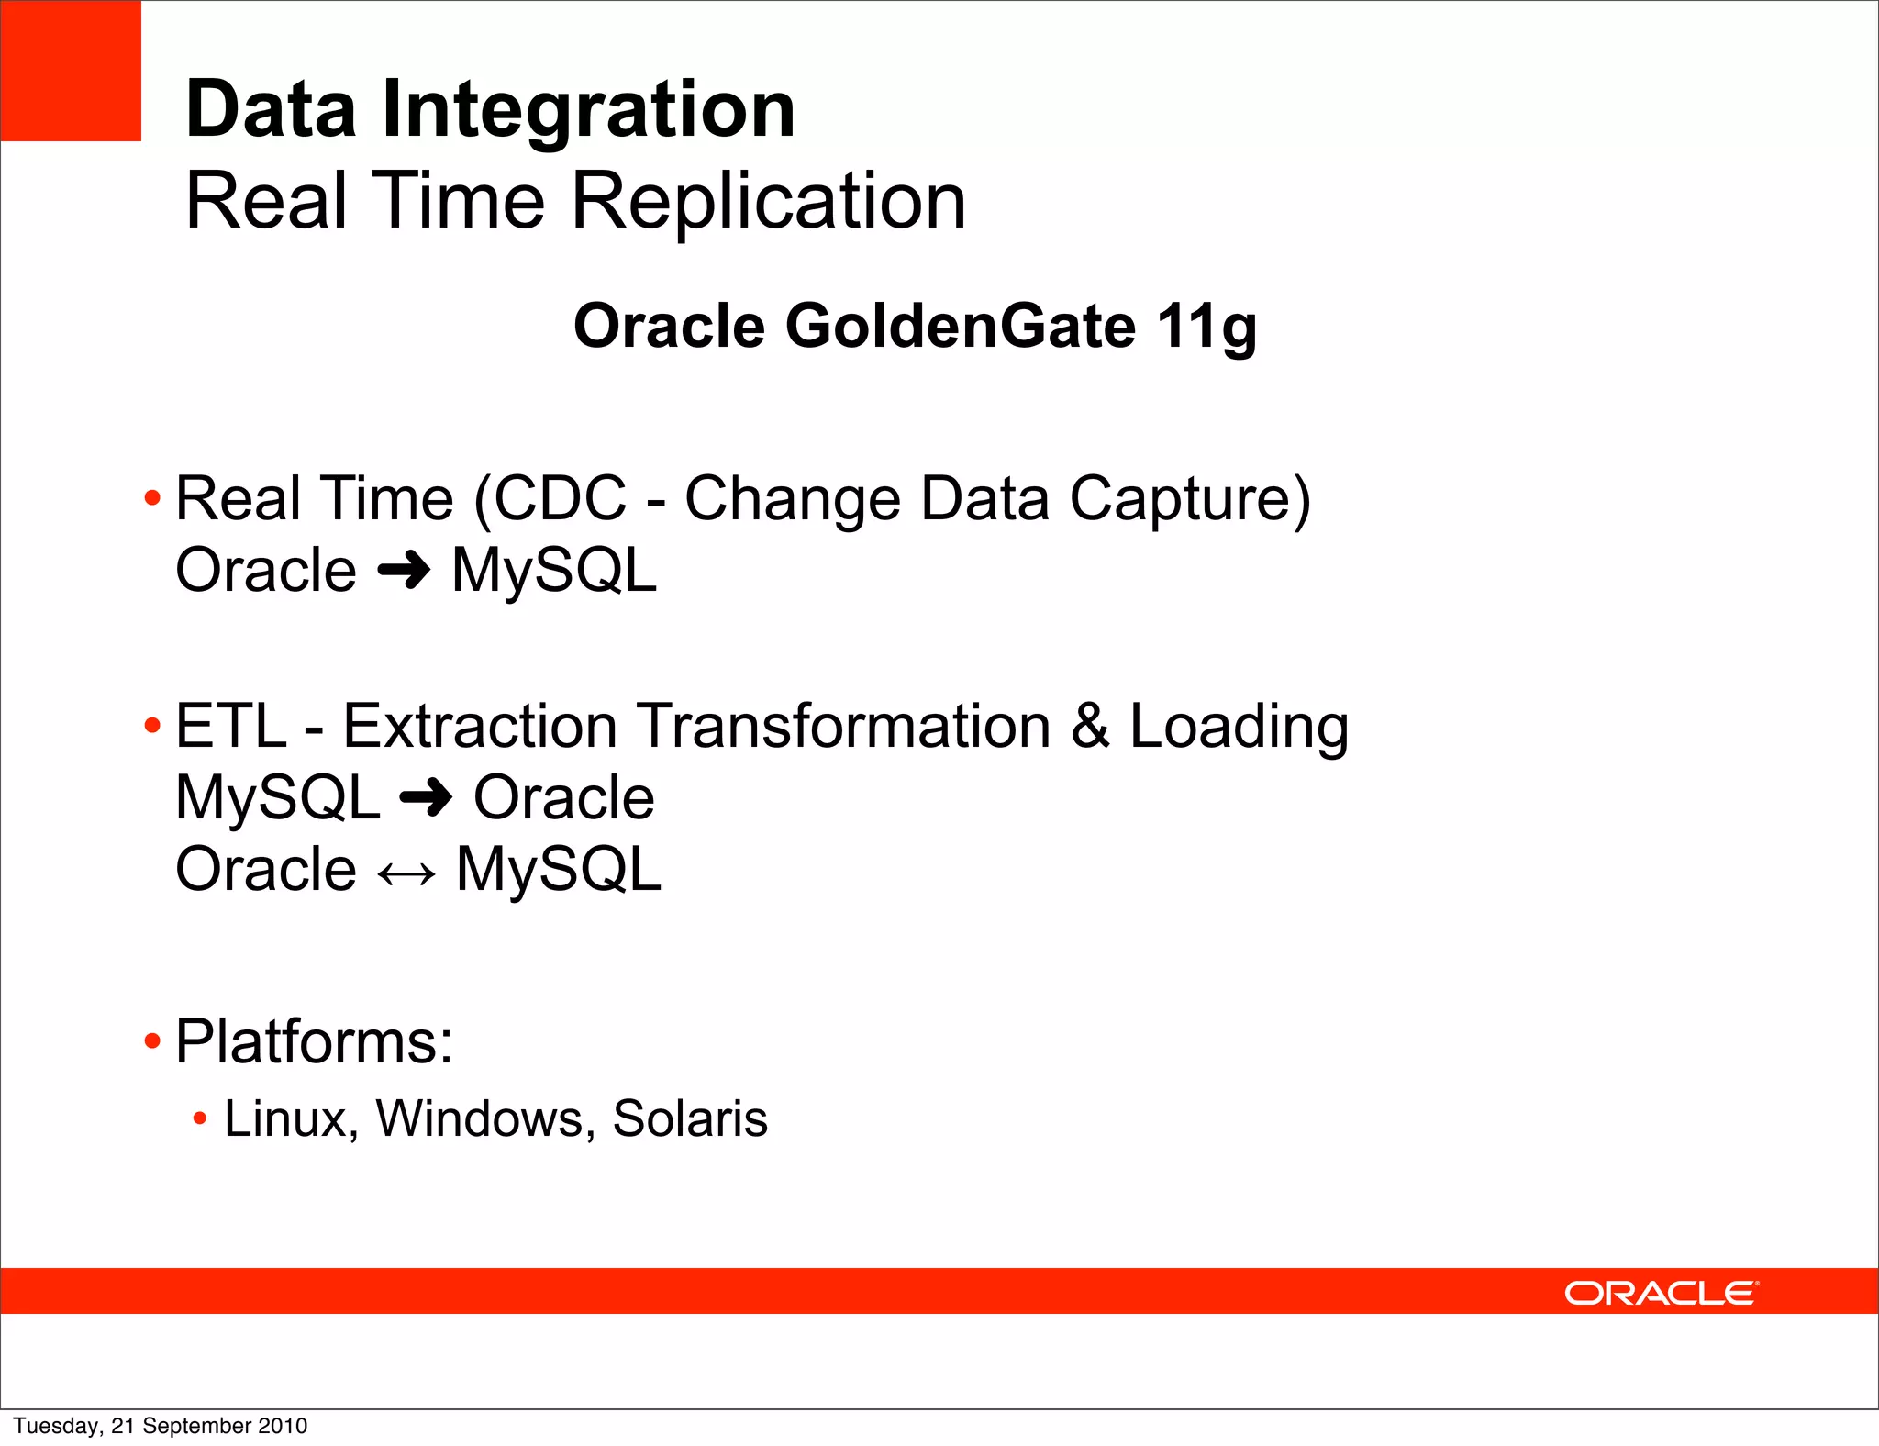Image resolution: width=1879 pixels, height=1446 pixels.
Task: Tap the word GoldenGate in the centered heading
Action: point(960,326)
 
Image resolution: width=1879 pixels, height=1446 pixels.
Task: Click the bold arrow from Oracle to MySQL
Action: point(404,571)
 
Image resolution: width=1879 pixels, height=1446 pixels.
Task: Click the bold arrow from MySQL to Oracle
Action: point(427,797)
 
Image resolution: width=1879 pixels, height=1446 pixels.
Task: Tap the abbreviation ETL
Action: point(230,726)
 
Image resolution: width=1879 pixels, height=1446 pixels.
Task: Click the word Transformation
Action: point(843,726)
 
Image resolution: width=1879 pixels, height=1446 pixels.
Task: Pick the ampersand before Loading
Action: point(1089,726)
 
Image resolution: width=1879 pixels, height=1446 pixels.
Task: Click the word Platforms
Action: point(313,1041)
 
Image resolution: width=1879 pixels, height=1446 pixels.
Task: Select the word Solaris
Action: point(689,1119)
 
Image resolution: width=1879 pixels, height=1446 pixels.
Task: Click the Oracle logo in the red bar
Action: point(1661,1293)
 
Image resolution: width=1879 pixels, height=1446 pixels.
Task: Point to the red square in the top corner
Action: point(71,71)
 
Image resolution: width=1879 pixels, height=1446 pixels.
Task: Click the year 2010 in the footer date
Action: point(283,1426)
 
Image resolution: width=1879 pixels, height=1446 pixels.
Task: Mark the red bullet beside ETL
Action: point(152,727)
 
